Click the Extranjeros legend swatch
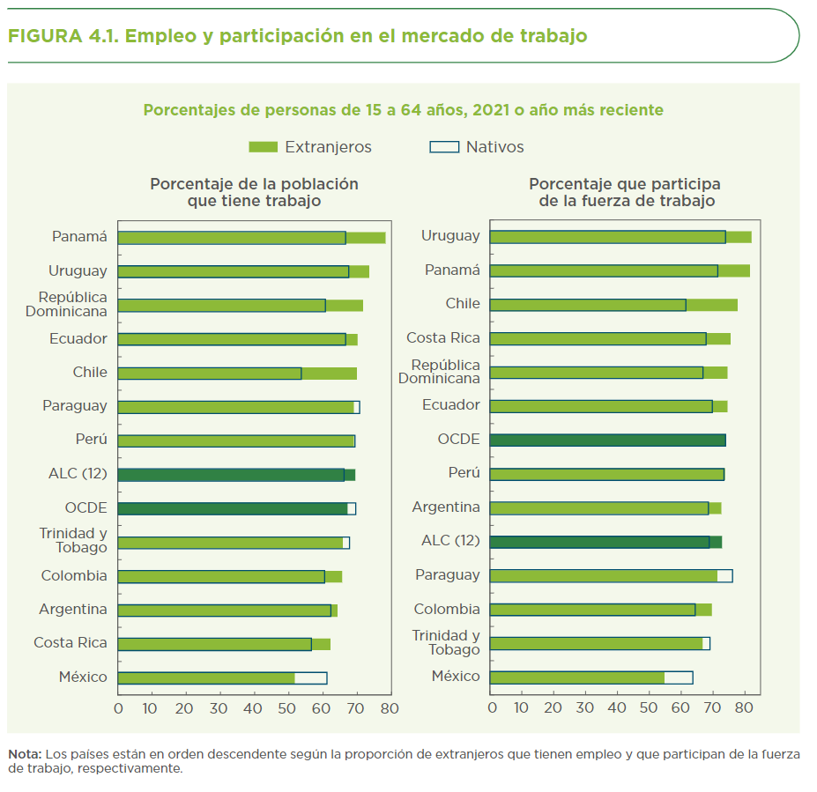click(x=264, y=147)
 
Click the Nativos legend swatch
click(x=444, y=147)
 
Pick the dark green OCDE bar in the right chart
click(x=606, y=440)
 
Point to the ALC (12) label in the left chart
click(x=78, y=474)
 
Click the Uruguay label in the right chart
click(x=450, y=236)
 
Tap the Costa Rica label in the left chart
click(x=70, y=643)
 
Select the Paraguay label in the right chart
click(x=448, y=575)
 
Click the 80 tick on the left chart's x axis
click(x=390, y=707)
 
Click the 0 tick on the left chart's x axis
click(x=118, y=707)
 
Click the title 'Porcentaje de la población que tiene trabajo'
click(x=254, y=193)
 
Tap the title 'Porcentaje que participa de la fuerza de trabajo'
click(x=625, y=193)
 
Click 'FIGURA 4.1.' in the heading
click(x=62, y=36)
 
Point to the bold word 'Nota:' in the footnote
click(x=25, y=754)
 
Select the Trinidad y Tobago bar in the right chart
click(x=599, y=643)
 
